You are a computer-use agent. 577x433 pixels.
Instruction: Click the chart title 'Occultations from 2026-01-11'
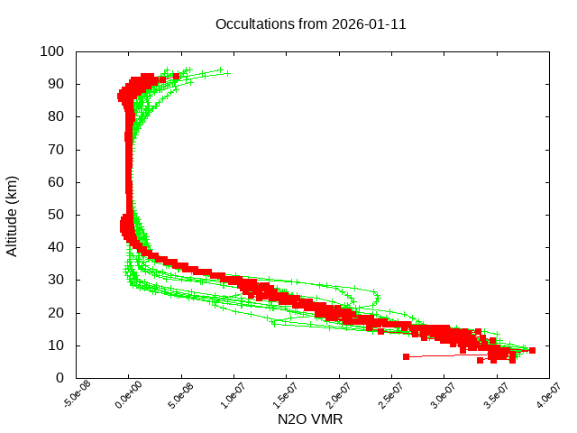coord(310,24)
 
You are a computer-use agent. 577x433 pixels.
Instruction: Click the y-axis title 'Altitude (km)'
coord(12,215)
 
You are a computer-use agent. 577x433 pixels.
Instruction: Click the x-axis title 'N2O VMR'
coord(310,419)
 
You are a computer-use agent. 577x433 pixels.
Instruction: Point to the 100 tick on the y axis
coord(51,51)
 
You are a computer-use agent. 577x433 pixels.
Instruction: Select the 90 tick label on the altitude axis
coord(55,84)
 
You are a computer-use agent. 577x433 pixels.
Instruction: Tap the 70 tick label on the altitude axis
coord(55,149)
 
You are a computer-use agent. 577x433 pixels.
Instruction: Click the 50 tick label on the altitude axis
coord(55,215)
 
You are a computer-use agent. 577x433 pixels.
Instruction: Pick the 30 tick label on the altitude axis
coord(55,280)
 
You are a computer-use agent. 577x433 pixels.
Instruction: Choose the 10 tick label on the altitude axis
coord(55,345)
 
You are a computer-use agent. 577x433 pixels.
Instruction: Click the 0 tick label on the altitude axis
coord(59,378)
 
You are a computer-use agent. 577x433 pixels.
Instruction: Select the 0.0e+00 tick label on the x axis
coord(129,398)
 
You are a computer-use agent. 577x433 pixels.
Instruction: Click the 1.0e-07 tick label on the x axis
coord(234,398)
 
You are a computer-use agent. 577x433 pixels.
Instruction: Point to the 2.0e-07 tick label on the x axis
coord(340,398)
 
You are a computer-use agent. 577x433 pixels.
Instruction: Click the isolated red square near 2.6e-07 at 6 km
coord(406,356)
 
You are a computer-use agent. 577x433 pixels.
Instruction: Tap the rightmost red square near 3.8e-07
coord(532,350)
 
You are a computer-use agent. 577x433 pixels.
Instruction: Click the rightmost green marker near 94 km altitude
coord(227,73)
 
